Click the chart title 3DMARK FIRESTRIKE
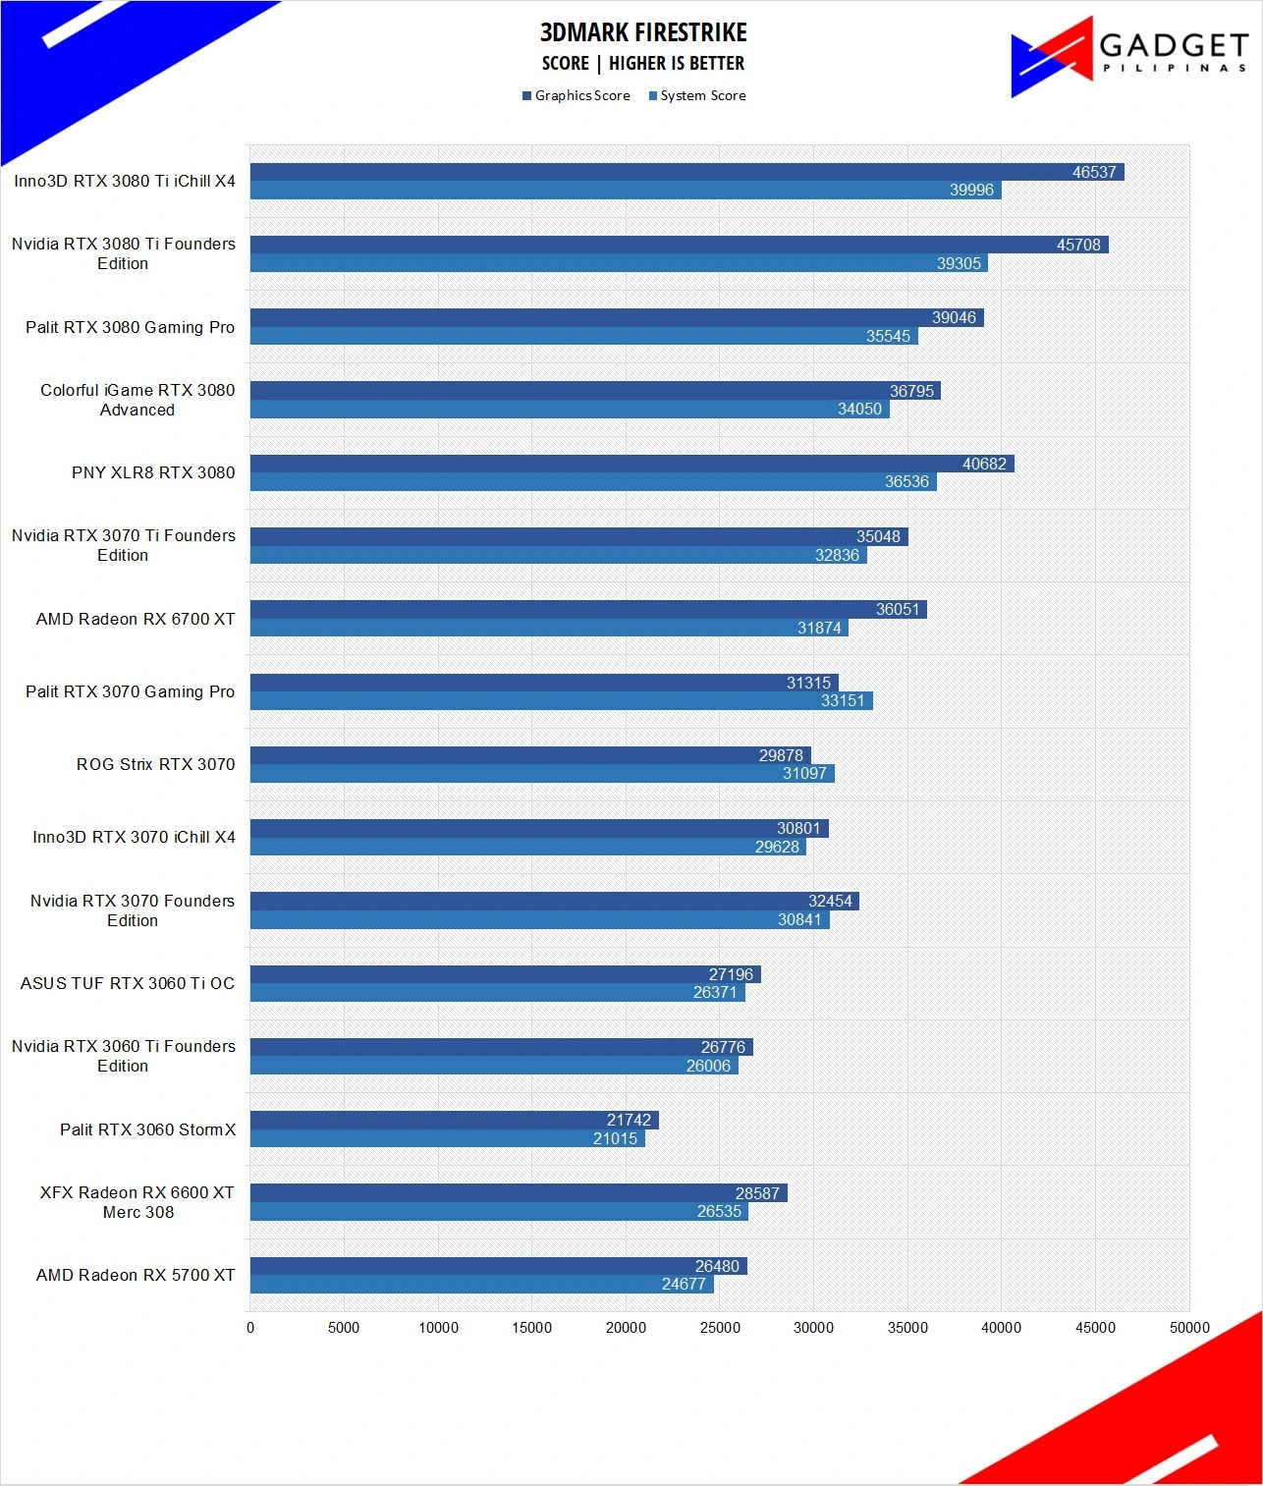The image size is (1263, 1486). tap(643, 32)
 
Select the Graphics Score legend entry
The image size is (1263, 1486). tap(576, 95)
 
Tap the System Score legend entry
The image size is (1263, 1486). tap(697, 95)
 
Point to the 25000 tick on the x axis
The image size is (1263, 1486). tap(720, 1327)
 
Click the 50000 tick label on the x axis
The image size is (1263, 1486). tap(1189, 1327)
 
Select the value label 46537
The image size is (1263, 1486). tap(1094, 172)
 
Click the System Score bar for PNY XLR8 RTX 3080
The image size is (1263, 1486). tap(593, 481)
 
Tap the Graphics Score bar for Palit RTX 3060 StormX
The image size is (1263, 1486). tap(455, 1120)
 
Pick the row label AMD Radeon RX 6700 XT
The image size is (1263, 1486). tap(136, 619)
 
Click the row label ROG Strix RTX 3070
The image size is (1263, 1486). tap(155, 764)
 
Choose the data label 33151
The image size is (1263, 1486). tap(843, 700)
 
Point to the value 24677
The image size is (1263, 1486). tap(683, 1284)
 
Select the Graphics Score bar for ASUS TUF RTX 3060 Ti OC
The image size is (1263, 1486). tap(506, 974)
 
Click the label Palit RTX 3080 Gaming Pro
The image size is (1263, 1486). tap(130, 327)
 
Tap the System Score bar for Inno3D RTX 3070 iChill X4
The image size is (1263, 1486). tap(528, 847)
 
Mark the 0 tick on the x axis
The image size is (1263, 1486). tap(250, 1327)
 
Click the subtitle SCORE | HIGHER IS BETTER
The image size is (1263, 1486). tap(643, 63)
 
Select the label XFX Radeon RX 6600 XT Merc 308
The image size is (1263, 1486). tap(137, 1202)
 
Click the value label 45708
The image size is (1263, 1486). tap(1078, 245)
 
